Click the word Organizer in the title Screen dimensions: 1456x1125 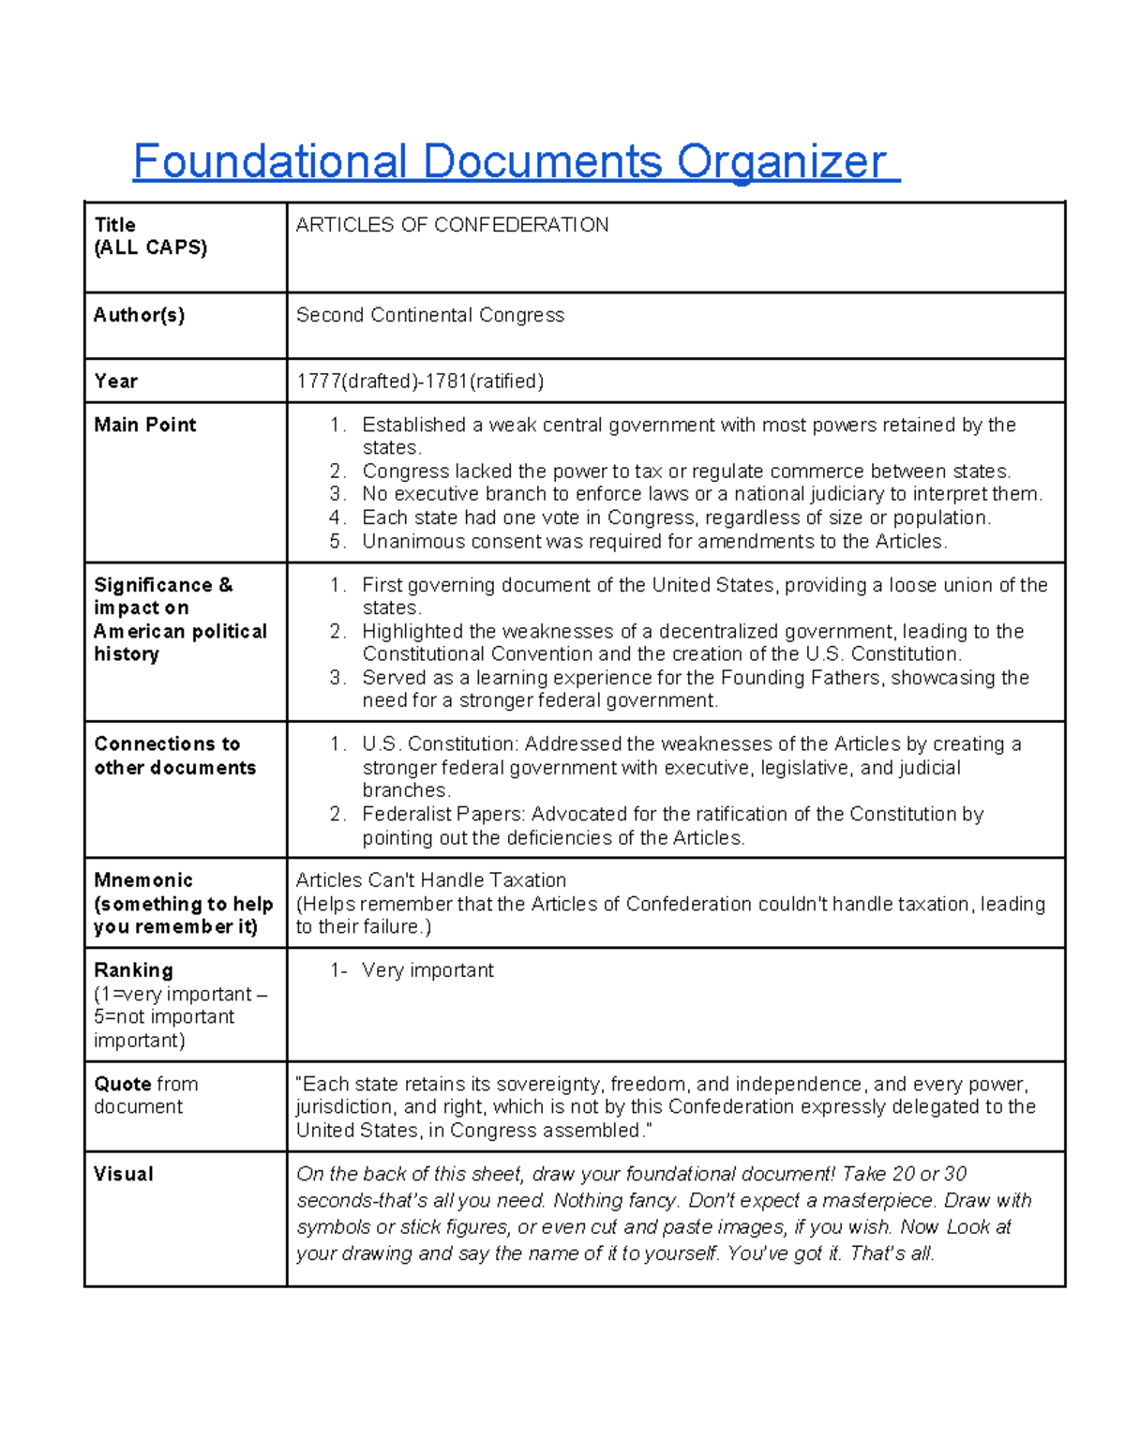click(x=781, y=162)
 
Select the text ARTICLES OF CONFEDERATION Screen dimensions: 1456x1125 click(x=452, y=225)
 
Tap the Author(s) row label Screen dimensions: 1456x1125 click(x=139, y=315)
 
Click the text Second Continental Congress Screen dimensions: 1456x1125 click(x=429, y=315)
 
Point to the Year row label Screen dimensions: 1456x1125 click(x=115, y=381)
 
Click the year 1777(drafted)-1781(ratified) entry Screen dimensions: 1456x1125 click(x=419, y=381)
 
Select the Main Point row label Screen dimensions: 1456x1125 click(x=144, y=425)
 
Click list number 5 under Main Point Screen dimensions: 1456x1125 click(x=337, y=542)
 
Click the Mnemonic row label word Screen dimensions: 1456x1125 click(x=142, y=880)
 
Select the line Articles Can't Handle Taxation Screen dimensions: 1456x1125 click(x=430, y=880)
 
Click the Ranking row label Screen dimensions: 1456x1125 click(x=133, y=970)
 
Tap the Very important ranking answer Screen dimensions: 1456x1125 click(x=427, y=970)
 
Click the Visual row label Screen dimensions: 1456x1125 click(x=123, y=1174)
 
